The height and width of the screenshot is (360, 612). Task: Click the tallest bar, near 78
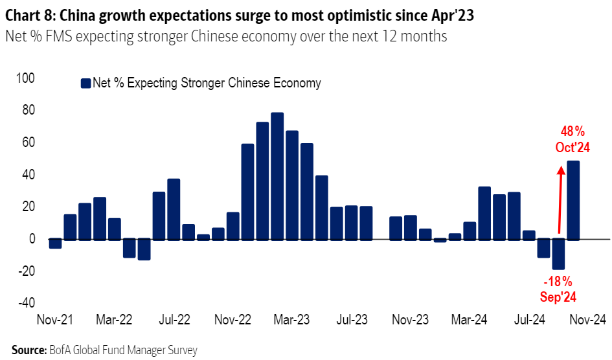click(x=277, y=175)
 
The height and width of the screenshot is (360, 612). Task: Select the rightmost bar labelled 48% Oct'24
click(x=573, y=200)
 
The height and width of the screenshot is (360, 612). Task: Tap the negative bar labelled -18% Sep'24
click(x=558, y=254)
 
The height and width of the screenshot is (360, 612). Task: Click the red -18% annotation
click(x=558, y=282)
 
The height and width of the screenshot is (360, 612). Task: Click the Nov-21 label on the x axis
click(x=56, y=319)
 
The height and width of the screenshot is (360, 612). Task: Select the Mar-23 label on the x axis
click(x=292, y=319)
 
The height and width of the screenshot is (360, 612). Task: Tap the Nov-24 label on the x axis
click(x=587, y=319)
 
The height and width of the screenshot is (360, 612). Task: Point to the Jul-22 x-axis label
click(x=174, y=319)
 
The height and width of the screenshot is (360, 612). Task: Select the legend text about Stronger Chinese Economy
click(x=207, y=83)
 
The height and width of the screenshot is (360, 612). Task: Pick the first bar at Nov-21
click(x=56, y=243)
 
